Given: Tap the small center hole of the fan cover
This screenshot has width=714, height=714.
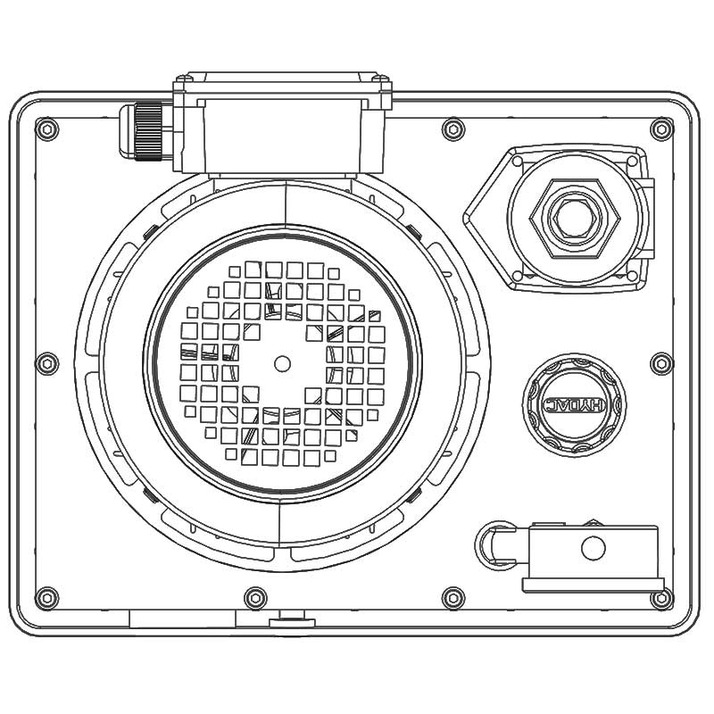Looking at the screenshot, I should click(282, 363).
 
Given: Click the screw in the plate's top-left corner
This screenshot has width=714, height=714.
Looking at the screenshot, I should click(47, 129).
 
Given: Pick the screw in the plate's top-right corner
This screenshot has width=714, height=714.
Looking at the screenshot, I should click(661, 129).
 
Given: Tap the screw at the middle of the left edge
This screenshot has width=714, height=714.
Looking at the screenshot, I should click(47, 363).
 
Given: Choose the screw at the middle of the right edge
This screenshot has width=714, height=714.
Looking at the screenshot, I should click(661, 363).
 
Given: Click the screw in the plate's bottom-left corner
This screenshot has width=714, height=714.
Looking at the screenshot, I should click(47, 597).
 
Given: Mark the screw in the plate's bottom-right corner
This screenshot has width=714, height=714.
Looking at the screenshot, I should click(661, 597).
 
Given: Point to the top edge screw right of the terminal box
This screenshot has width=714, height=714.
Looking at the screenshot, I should click(453, 129).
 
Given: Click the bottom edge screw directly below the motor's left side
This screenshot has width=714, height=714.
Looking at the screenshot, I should click(255, 597).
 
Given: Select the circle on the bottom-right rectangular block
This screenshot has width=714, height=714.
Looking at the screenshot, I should click(593, 547).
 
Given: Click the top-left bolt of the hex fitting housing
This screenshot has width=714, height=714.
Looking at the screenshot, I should click(517, 162).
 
